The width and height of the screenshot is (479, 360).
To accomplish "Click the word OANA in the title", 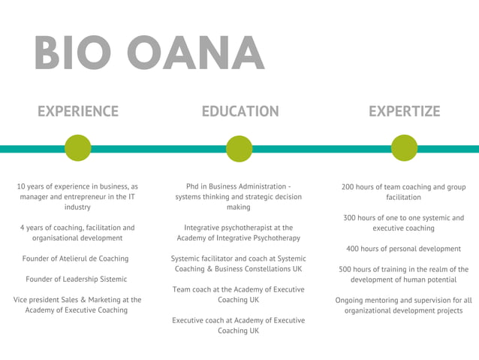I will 195,53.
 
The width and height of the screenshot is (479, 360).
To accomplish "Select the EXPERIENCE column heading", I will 78,111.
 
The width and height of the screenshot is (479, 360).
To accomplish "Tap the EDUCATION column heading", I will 239,111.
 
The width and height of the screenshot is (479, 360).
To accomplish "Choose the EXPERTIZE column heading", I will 404,111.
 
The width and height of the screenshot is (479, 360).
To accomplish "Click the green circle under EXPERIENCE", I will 78,148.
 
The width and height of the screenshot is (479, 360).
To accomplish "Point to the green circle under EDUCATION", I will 239,148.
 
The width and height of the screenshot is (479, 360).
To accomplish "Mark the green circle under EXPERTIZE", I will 404,148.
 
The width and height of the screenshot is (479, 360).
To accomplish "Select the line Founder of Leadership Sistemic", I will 77,279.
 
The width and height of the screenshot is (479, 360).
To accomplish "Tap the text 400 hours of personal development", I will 403,249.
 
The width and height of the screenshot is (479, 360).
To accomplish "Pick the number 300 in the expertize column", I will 351,218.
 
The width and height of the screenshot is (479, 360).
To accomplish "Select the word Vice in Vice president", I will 22,299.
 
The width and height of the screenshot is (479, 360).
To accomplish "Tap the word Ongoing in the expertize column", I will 350,300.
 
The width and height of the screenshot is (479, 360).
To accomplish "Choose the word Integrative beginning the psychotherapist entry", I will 203,227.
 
